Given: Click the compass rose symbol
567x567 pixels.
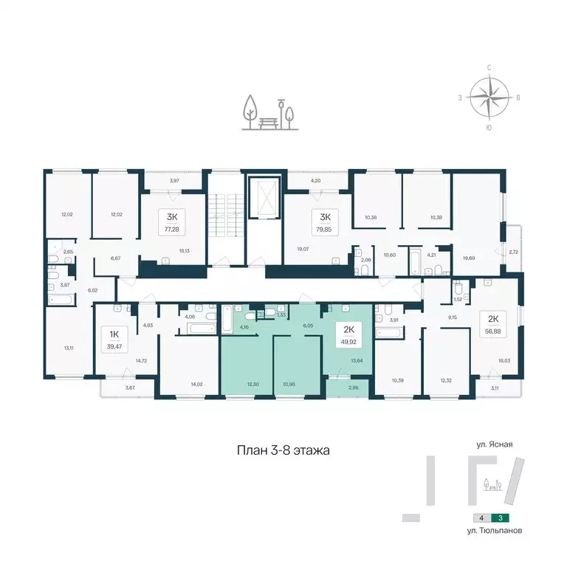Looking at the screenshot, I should point(489,96).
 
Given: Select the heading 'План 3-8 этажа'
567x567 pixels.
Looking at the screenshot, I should point(283,449).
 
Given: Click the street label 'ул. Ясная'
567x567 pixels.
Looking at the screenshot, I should point(495,445).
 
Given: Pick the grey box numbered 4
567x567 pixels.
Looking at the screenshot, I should point(481,519).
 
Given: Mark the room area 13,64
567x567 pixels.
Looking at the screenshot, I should point(357,361).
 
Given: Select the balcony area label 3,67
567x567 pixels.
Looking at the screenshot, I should point(130,387).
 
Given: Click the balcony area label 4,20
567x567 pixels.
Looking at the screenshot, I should point(315,181).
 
